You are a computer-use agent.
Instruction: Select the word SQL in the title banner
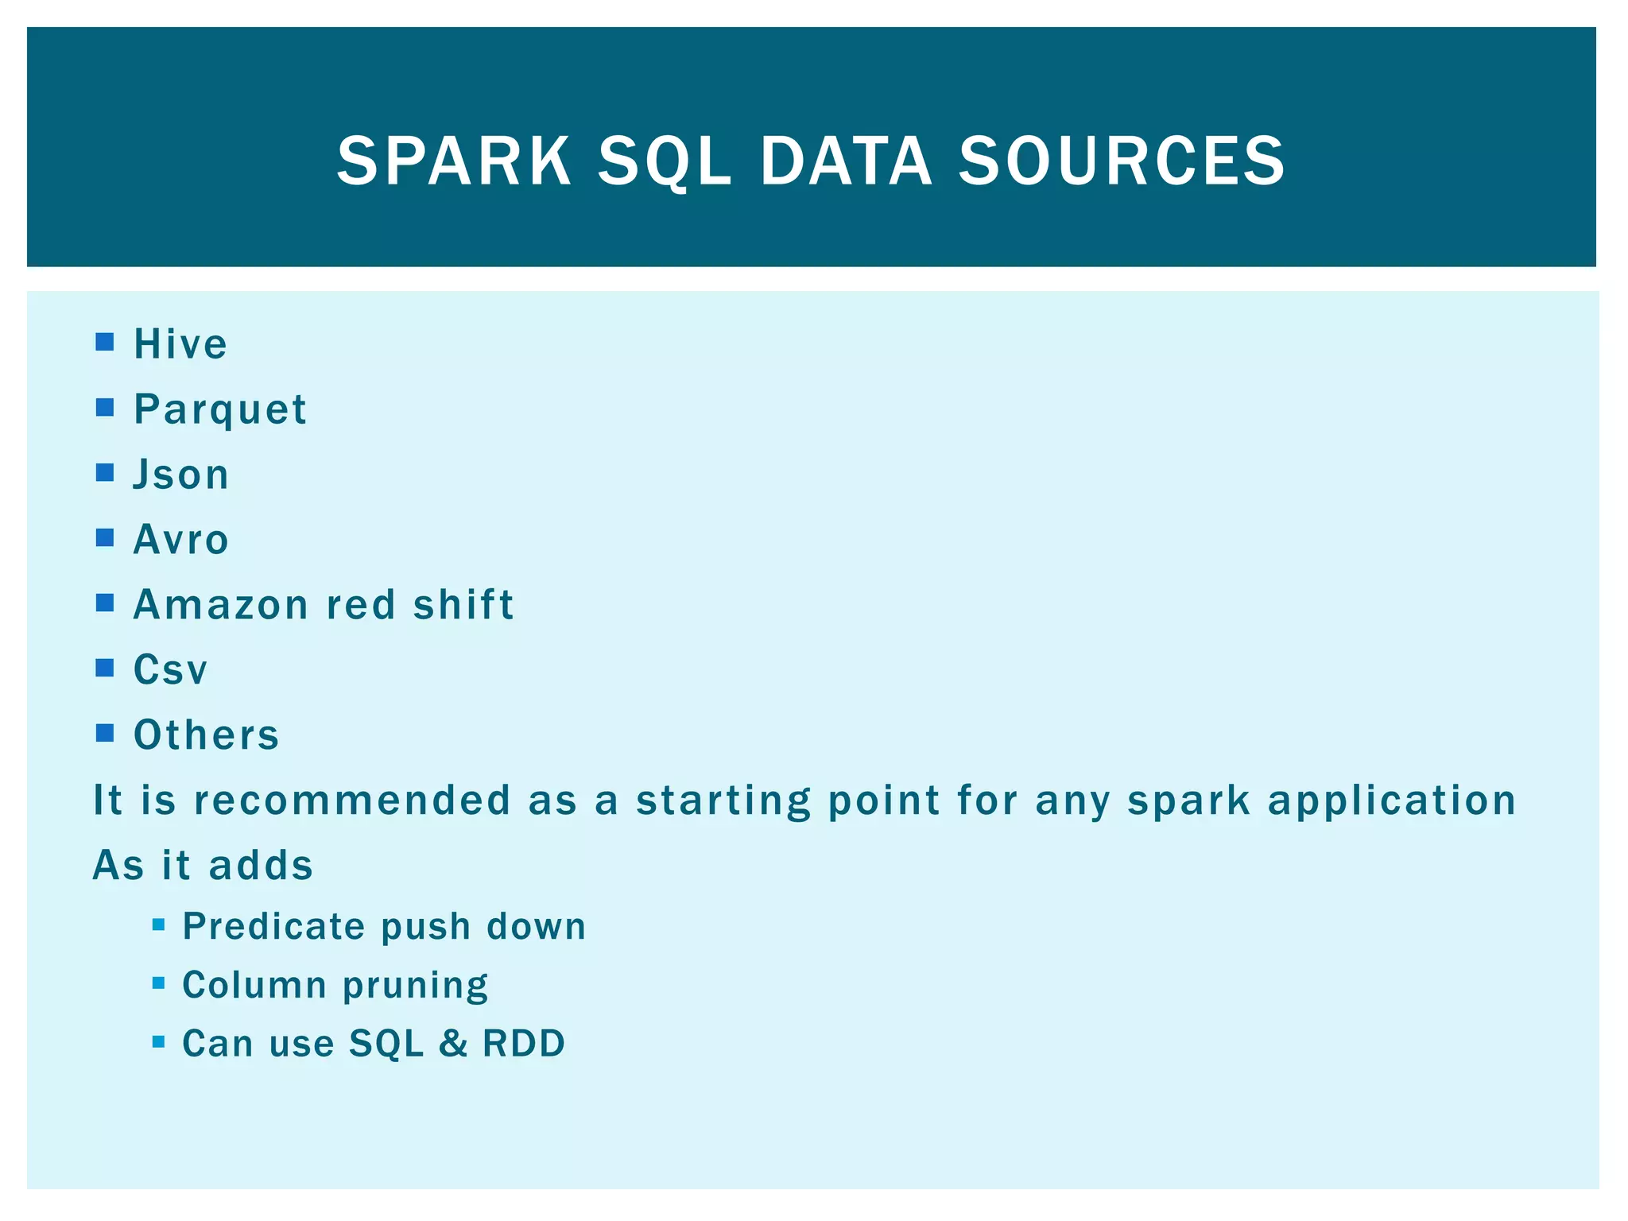(664, 162)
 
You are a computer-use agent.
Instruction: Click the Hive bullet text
(180, 344)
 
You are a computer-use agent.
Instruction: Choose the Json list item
(181, 475)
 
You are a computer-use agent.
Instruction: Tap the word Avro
(181, 540)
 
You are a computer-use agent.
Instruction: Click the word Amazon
(221, 605)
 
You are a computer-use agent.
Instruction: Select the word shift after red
(463, 605)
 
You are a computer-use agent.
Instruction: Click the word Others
(207, 735)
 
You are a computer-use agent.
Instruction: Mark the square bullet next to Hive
(105, 343)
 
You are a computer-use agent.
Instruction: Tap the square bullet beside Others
(105, 733)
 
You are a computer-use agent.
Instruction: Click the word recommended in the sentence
(352, 800)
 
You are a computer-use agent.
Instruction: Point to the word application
(1392, 800)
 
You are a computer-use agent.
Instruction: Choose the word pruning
(416, 986)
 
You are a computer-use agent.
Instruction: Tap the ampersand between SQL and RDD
(453, 1044)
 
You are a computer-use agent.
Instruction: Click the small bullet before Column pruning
(158, 983)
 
